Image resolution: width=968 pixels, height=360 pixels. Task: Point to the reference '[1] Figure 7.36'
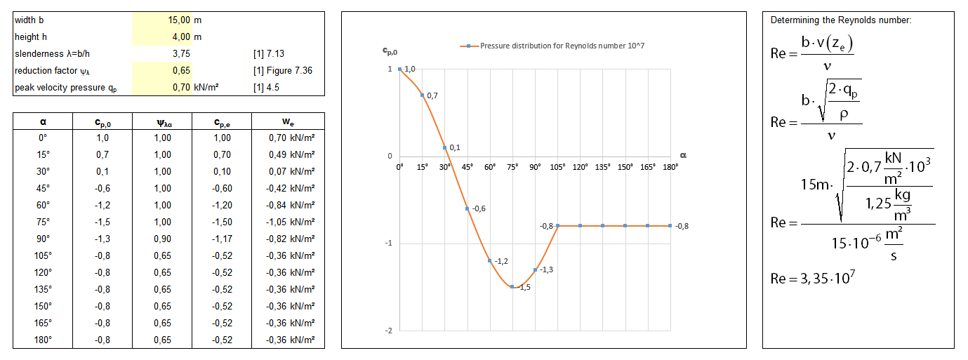[283, 70]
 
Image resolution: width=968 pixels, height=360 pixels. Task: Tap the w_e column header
[287, 121]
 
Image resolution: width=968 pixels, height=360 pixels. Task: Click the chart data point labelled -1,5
[512, 287]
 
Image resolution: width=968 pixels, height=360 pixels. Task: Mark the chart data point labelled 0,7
[422, 95]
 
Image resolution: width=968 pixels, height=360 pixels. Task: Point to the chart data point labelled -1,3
[535, 270]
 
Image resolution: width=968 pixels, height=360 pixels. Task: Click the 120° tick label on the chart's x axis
[580, 168]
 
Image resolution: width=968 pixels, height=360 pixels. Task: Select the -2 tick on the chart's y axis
[389, 331]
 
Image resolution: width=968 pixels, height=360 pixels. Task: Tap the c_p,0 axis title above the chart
[390, 51]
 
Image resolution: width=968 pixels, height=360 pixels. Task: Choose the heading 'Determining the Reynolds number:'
[841, 20]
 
